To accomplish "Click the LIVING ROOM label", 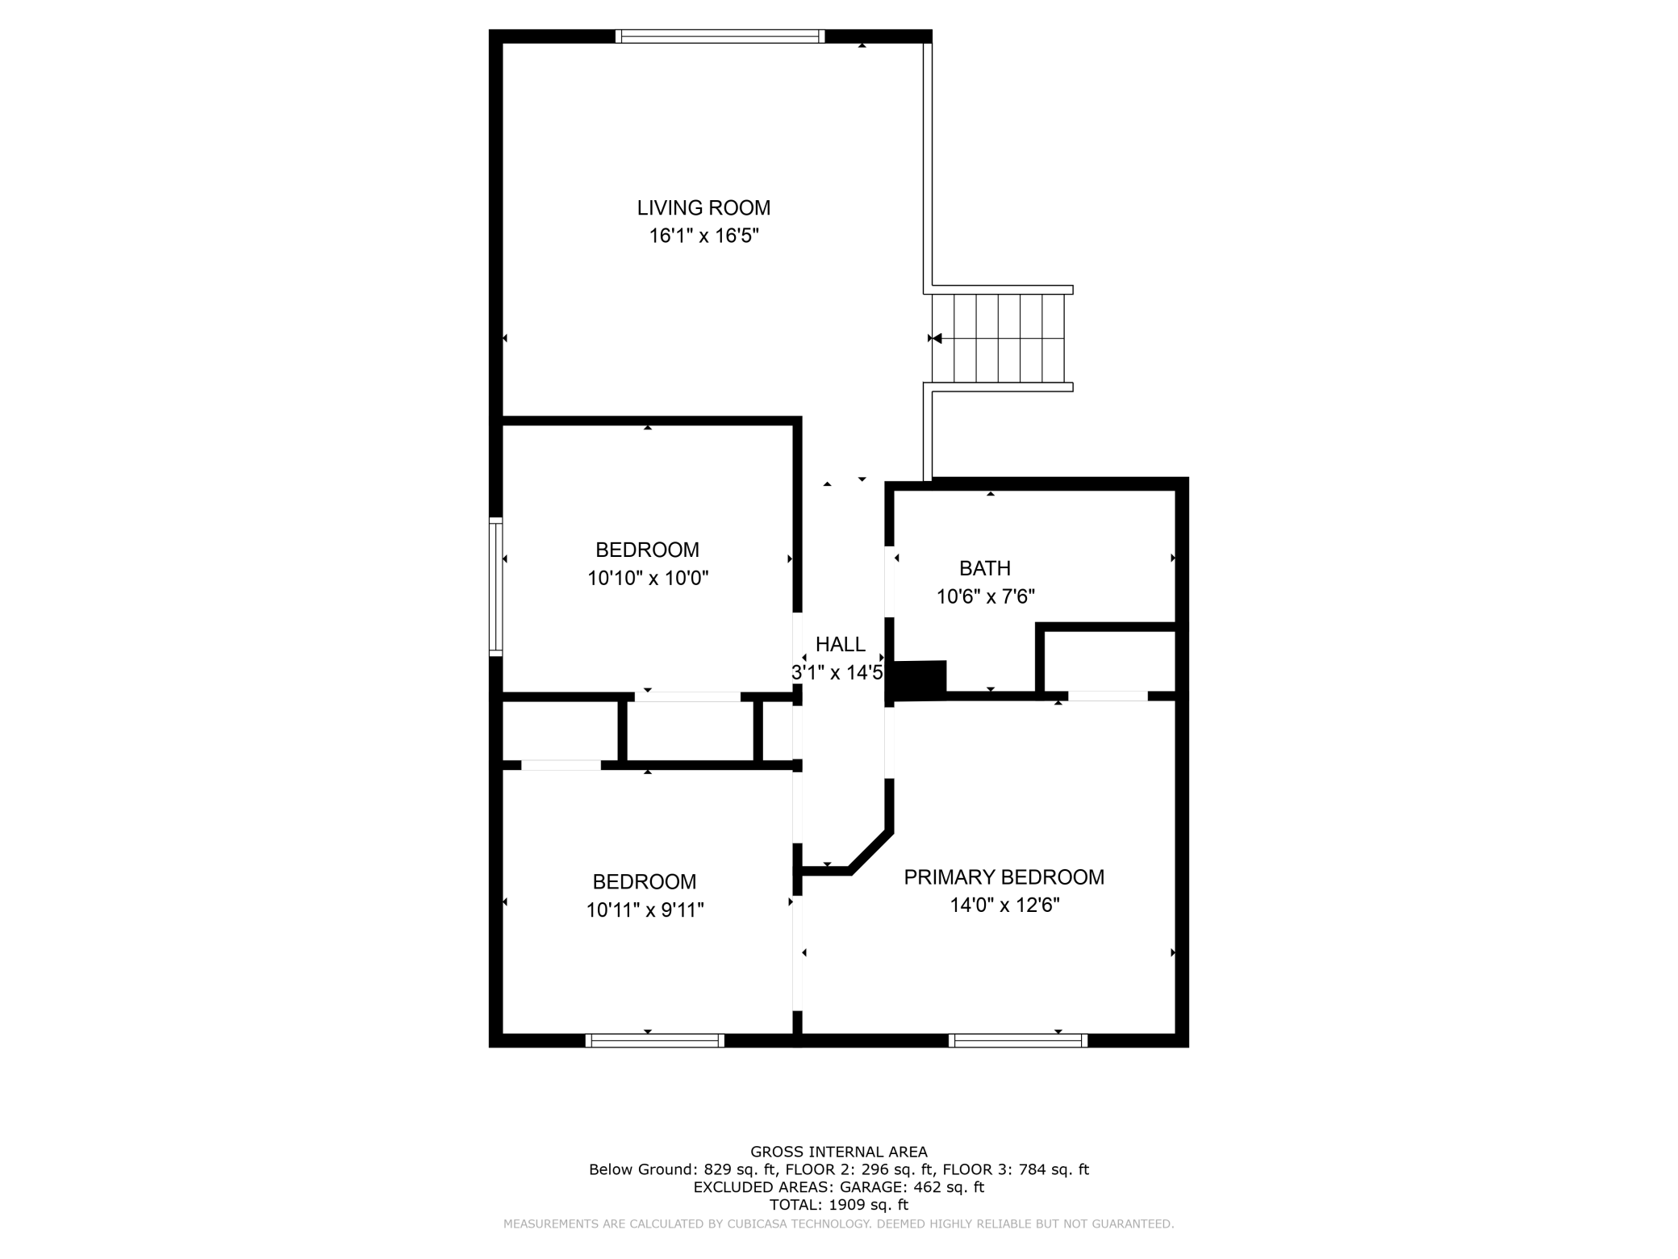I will pos(703,208).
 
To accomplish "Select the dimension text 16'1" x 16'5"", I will pos(703,236).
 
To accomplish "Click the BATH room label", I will pos(984,569).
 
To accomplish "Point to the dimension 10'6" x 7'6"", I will pos(984,597).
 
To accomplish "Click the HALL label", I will pos(840,645).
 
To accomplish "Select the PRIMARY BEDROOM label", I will pos(1004,877).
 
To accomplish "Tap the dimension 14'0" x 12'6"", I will pos(1004,906).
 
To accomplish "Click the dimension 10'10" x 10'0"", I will pos(647,579).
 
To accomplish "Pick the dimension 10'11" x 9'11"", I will pos(645,910).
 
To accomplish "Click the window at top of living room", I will pos(720,36).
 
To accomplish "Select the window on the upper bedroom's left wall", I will pos(496,587).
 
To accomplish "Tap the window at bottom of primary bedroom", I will pos(1018,1041).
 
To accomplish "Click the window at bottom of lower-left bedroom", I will pos(655,1041).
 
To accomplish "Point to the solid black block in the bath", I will pos(917,680).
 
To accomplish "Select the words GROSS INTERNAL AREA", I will pos(838,1152).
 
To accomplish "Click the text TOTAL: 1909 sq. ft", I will pos(838,1205).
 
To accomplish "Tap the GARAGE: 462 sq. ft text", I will pos(912,1187).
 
